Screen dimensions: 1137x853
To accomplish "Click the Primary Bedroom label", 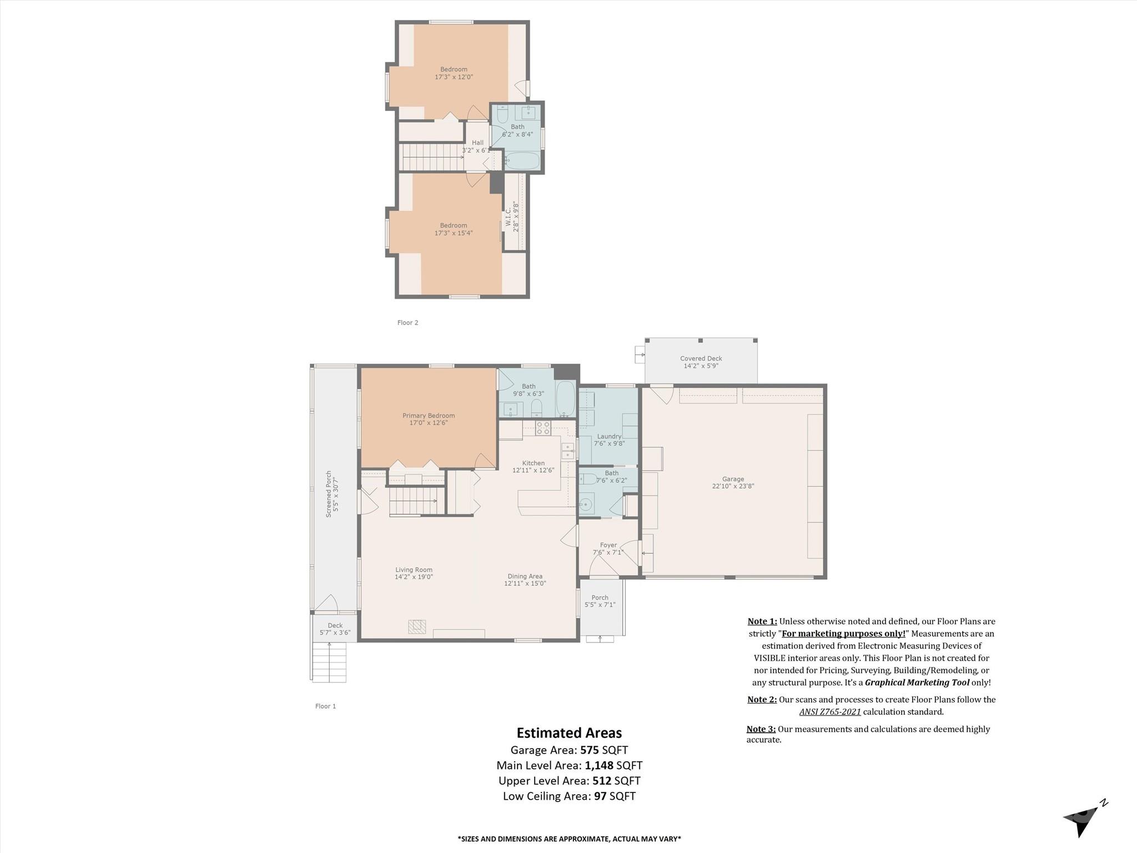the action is tap(429, 419).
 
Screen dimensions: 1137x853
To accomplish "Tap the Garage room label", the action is tap(733, 483).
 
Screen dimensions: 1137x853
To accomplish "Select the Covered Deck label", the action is tap(701, 362).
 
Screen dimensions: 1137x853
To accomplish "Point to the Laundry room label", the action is tap(609, 440).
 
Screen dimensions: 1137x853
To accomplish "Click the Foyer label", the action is tap(608, 549).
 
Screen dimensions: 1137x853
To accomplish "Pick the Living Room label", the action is tap(414, 573).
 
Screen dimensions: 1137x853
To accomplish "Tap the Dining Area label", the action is tap(525, 580).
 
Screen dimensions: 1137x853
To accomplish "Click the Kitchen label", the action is tap(533, 466).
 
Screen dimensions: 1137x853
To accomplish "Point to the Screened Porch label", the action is tap(332, 494).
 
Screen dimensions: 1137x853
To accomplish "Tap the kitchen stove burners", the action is tap(543, 428).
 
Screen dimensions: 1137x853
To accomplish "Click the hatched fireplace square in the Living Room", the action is tap(417, 627).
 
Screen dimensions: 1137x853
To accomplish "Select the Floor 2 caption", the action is tap(407, 323).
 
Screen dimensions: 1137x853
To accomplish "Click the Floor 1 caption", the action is tap(325, 706).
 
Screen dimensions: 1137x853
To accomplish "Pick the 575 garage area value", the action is tap(590, 750).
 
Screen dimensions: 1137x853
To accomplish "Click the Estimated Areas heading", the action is tap(569, 733).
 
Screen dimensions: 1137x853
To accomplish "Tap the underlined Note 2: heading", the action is tap(762, 700).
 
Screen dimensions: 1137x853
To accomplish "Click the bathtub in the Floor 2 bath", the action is tap(522, 161).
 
